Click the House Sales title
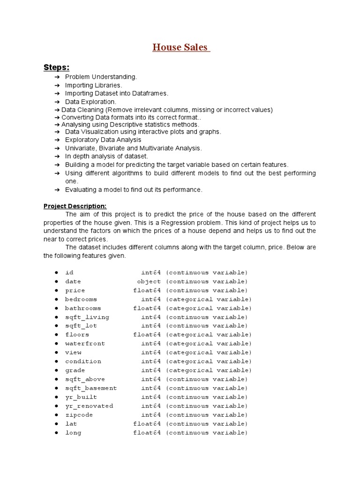coord(181,47)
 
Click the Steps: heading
coord(56,67)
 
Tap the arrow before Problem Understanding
coord(57,77)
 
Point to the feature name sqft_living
coord(87,317)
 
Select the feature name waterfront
coord(85,344)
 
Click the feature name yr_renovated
coord(89,406)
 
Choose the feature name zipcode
coord(79,415)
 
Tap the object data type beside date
coord(149,282)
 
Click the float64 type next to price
coord(147,291)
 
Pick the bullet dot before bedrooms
coord(56,300)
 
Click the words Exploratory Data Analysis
coord(103,140)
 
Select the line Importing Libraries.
coord(93,85)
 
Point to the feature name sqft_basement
coord(91,388)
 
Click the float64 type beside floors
coord(147,335)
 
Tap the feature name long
coord(73,433)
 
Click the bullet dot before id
coord(56,273)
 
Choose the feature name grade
coord(75,370)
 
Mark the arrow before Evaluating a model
coord(57,190)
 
